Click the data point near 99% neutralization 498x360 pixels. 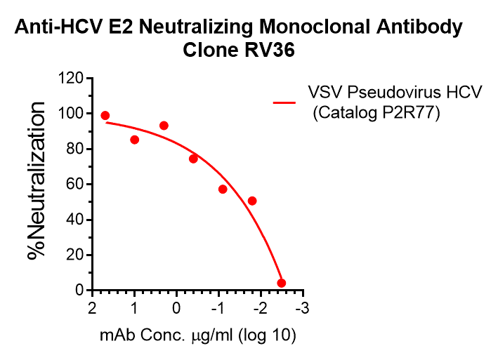tap(105, 116)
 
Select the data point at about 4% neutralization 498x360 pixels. tap(282, 283)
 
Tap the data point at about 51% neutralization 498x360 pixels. tap(252, 201)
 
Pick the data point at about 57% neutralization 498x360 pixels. tap(223, 189)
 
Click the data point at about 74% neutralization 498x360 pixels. tap(193, 159)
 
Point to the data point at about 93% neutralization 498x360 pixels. tap(164, 126)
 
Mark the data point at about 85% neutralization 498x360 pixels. tap(135, 140)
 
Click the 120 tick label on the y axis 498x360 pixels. tap(72, 78)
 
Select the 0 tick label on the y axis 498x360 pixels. tap(79, 291)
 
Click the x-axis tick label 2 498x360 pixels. tap(92, 309)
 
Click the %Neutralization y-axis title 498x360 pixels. tap(37, 181)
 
